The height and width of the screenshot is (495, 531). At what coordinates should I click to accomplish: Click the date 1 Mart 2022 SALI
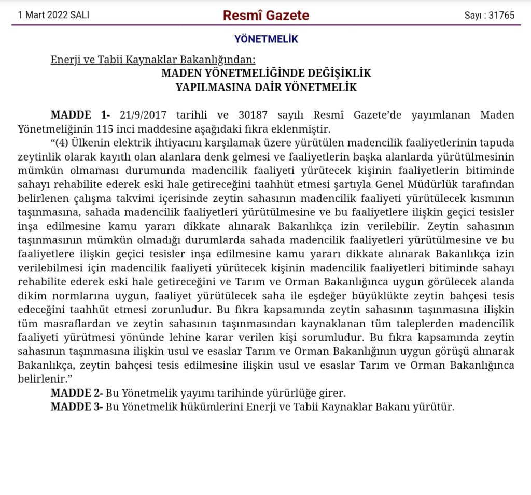[x=53, y=15]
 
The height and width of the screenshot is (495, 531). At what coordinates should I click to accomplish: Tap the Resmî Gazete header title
[x=265, y=15]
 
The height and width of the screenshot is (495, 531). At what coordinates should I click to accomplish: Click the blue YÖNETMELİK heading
[x=266, y=39]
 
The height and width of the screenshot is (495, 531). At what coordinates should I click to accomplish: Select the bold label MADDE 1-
[x=80, y=115]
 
